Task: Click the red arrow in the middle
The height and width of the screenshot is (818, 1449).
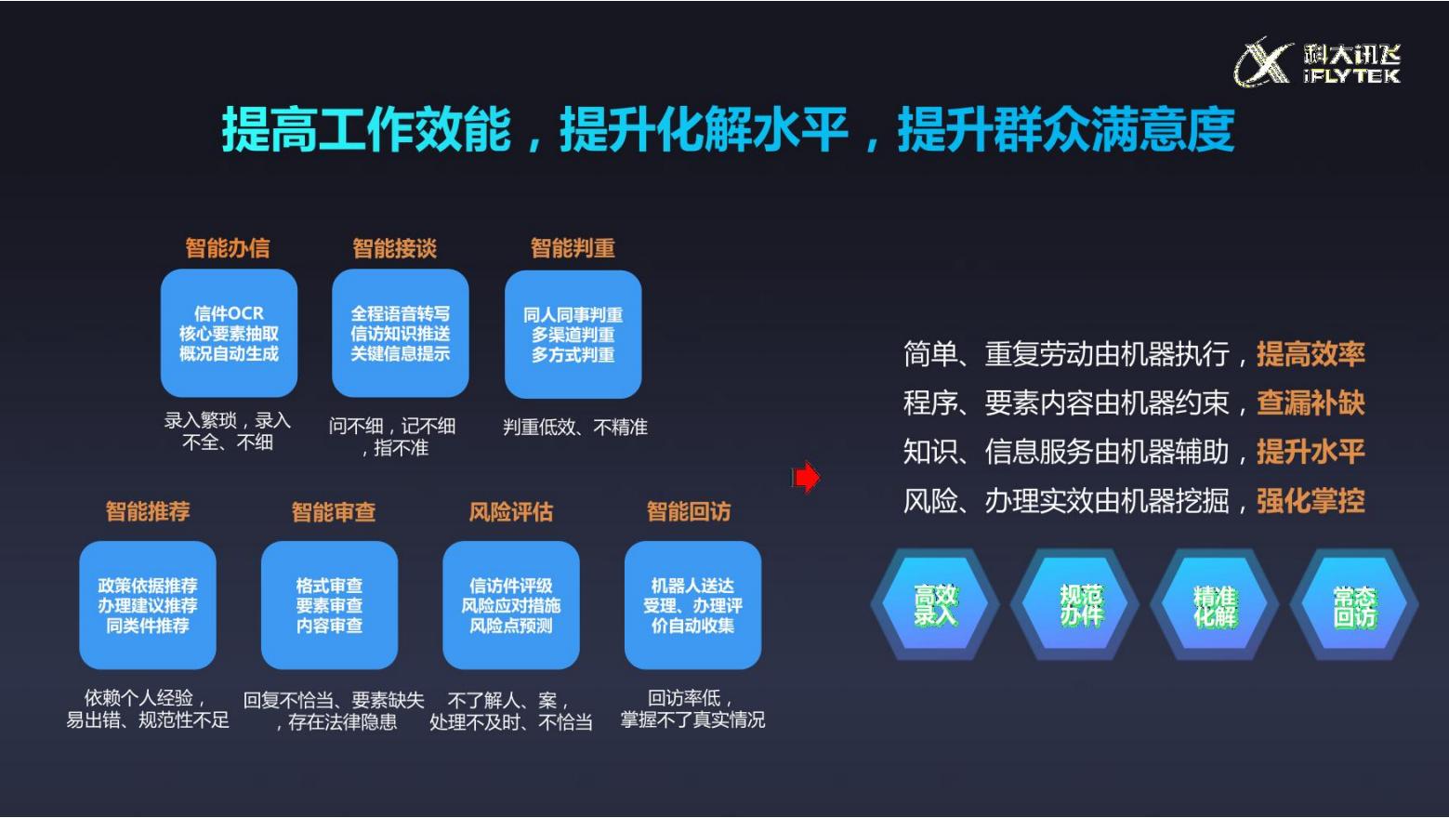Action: click(806, 478)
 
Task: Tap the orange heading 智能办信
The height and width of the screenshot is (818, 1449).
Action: click(228, 248)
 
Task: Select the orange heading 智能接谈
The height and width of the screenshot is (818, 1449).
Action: click(395, 248)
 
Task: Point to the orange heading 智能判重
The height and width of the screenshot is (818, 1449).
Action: click(573, 248)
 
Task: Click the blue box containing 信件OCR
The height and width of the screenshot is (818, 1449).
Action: click(229, 333)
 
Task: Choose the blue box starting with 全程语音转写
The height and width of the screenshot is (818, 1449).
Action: click(401, 333)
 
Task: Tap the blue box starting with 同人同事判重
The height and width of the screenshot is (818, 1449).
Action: click(573, 334)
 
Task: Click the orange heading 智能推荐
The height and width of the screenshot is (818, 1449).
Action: click(148, 511)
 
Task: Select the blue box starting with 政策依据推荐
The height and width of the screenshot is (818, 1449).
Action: click(148, 605)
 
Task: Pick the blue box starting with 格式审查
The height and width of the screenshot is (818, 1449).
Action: click(329, 605)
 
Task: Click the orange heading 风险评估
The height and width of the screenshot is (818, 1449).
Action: click(511, 512)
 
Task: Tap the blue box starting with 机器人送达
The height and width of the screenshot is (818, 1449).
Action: click(692, 605)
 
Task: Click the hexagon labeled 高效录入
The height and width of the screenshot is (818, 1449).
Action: click(935, 604)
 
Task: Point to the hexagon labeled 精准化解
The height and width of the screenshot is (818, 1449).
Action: click(1214, 604)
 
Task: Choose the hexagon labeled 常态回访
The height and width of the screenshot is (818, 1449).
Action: click(1354, 604)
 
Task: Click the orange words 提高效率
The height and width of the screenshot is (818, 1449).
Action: click(1311, 354)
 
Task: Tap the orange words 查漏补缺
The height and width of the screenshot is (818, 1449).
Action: click(1311, 402)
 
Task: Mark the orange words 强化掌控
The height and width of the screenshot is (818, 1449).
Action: click(1311, 501)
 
